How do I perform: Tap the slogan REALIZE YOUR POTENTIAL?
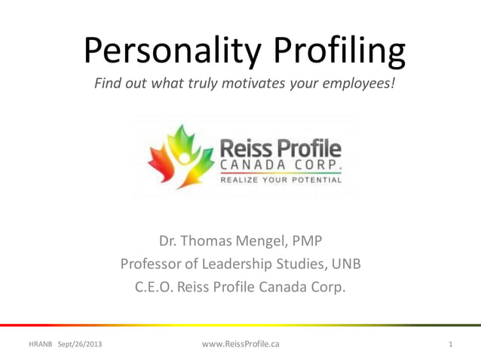(x=280, y=180)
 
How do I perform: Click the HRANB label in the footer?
(x=40, y=344)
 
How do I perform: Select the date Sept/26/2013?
(x=79, y=344)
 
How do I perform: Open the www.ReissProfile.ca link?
(x=241, y=343)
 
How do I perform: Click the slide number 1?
(x=450, y=344)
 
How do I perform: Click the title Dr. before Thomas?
(x=169, y=242)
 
